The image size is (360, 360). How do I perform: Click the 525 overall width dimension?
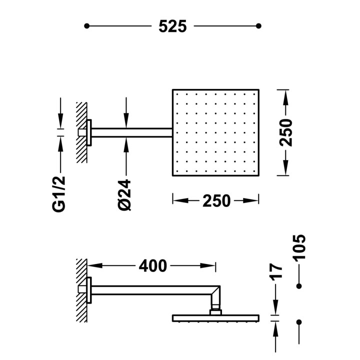[172, 26]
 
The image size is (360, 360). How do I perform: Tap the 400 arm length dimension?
[152, 266]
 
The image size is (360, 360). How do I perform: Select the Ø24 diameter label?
[124, 195]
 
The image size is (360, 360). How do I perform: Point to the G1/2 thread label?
[59, 194]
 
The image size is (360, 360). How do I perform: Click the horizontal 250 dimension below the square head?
[216, 201]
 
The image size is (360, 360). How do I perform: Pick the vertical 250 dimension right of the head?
[286, 132]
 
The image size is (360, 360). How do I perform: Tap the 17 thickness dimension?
[275, 272]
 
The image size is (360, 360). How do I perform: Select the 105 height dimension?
[299, 247]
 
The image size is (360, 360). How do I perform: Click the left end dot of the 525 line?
[86, 26]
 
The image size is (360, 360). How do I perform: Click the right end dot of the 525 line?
[258, 26]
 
